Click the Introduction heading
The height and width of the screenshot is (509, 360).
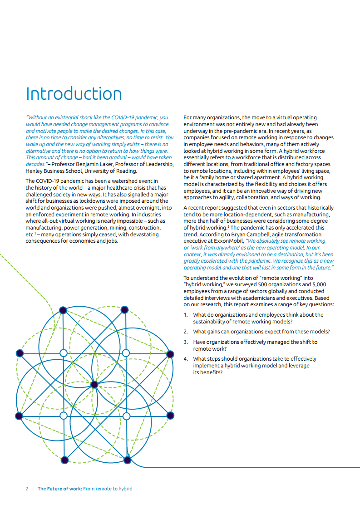click(74, 93)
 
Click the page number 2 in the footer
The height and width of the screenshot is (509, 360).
click(27, 489)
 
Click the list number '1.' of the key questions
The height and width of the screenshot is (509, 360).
click(186, 314)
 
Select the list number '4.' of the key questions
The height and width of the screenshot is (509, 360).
click(186, 358)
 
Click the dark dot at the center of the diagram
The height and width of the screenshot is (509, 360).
click(94, 385)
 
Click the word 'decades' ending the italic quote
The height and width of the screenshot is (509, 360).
click(35, 164)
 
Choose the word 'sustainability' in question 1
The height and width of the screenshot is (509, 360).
click(212, 321)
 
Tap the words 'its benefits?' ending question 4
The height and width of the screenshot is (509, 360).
click(207, 372)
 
